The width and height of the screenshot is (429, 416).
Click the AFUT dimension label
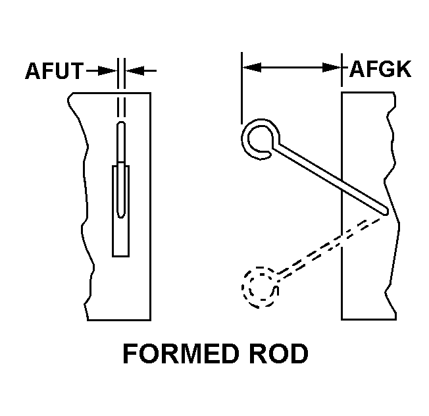[x=54, y=71]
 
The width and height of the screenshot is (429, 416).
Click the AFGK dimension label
[x=380, y=69]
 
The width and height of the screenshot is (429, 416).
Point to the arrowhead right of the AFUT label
[x=107, y=70]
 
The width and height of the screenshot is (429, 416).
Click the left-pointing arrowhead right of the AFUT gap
[x=135, y=70]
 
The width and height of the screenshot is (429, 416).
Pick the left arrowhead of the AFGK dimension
[x=252, y=67]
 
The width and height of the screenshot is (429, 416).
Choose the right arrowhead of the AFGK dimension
[x=332, y=67]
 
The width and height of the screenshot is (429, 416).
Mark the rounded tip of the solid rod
[x=386, y=211]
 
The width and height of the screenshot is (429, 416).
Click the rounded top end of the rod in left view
[x=121, y=123]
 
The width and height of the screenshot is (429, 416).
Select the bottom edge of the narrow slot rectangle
[x=120, y=257]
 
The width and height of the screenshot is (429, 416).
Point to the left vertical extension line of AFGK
[x=241, y=88]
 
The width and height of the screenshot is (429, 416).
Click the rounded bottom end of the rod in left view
[x=121, y=215]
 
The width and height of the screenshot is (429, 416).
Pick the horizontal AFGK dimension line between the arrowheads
[x=291, y=67]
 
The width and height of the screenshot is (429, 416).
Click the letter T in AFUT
[x=76, y=71]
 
